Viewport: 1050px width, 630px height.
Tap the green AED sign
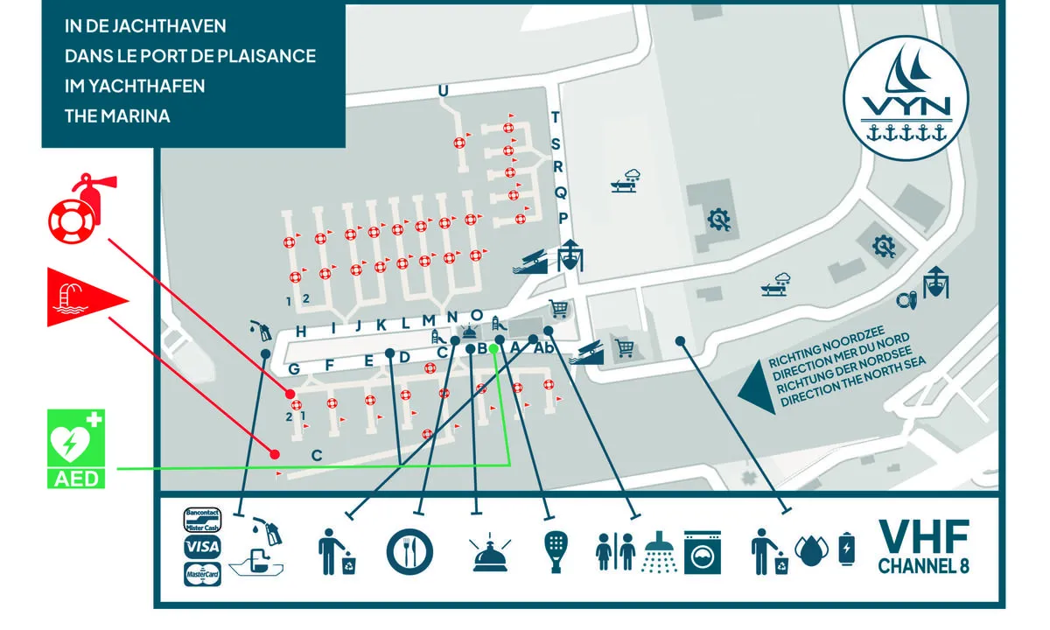[x=75, y=447]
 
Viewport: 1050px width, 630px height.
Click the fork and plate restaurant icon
[x=409, y=550]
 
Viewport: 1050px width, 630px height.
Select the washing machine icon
[x=703, y=550]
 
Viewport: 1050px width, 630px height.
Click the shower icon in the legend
[x=661, y=550]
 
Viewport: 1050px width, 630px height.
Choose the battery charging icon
[x=847, y=550]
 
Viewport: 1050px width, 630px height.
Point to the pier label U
[x=443, y=92]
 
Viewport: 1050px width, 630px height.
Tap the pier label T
[x=555, y=118]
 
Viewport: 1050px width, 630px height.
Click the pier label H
[x=300, y=331]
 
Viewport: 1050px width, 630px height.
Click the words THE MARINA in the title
[x=117, y=115]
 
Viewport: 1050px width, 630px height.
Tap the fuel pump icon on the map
[x=260, y=331]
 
